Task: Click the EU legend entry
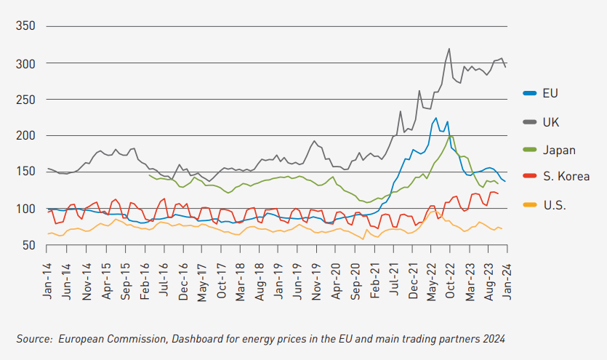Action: (550, 93)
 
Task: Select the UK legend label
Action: (551, 121)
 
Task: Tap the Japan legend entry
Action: (559, 150)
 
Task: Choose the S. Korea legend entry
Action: (566, 177)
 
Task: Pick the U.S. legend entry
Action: (555, 205)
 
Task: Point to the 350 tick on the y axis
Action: (25, 26)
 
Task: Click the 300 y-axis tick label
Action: (25, 63)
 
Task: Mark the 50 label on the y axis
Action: (29, 245)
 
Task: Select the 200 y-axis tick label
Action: (25, 136)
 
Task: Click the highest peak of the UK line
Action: (449, 49)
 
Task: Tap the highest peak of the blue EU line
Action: (436, 118)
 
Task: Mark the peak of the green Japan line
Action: (451, 136)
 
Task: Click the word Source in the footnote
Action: (34, 338)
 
